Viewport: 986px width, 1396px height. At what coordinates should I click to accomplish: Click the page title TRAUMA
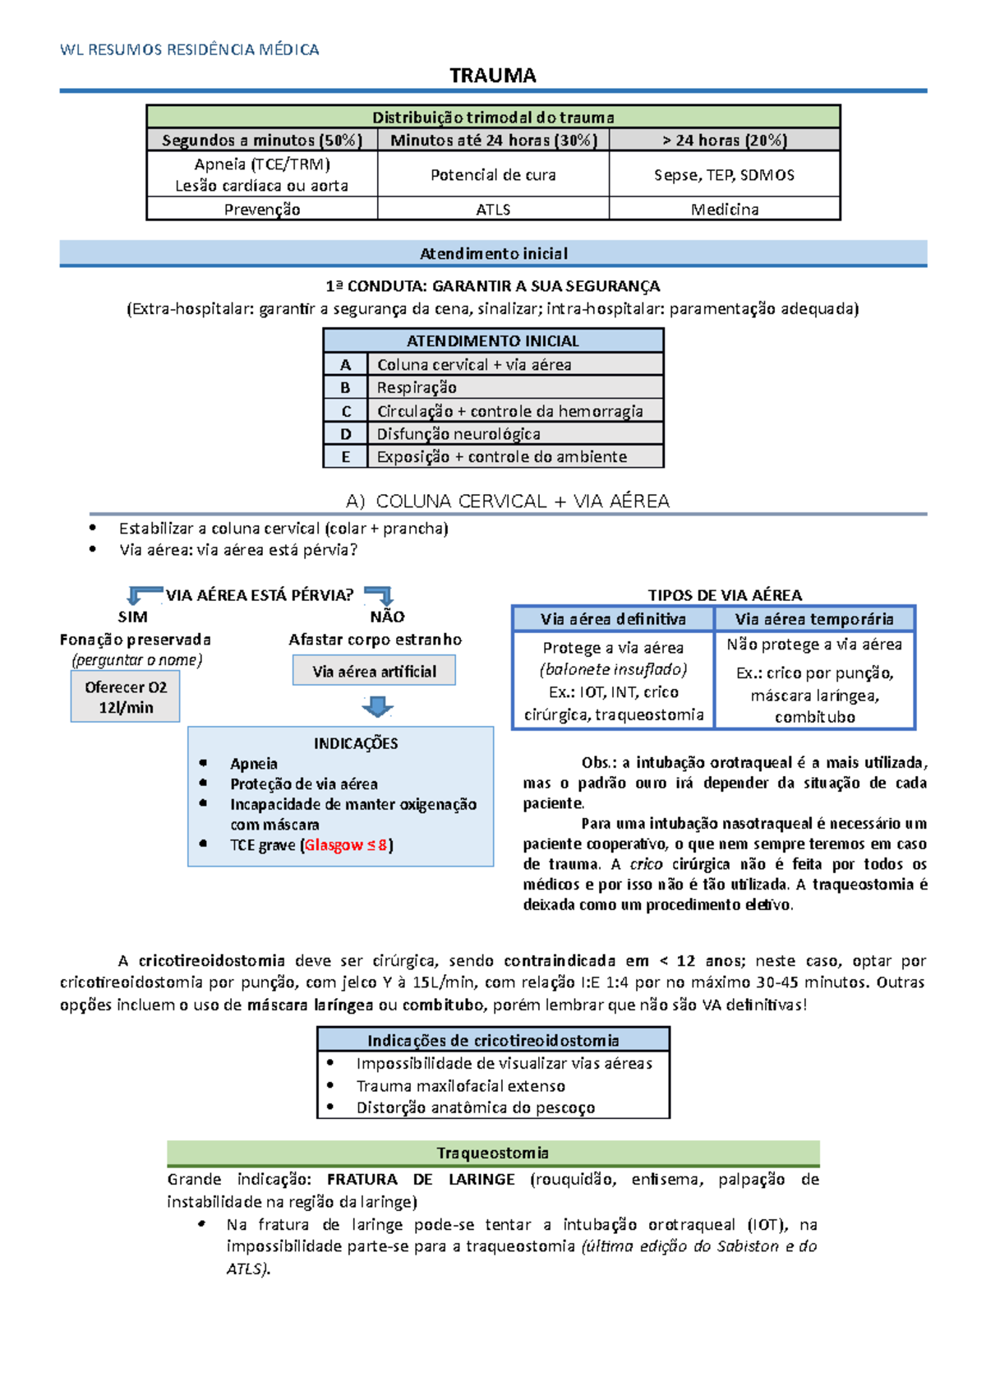point(493,76)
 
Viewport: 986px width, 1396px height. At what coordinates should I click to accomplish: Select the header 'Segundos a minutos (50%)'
point(262,141)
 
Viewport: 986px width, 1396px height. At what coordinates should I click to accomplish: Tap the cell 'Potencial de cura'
point(493,175)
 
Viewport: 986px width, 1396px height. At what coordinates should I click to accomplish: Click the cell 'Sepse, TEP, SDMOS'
point(724,175)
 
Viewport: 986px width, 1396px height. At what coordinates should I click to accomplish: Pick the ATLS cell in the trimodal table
point(493,210)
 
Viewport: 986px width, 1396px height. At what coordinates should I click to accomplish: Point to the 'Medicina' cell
point(724,210)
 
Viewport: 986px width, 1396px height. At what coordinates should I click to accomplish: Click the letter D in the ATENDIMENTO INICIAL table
point(346,434)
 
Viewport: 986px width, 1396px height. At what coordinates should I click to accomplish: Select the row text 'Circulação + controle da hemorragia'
point(509,411)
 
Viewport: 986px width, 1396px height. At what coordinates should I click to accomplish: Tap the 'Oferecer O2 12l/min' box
point(126,697)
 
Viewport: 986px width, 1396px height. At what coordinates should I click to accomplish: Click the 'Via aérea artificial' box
point(374,672)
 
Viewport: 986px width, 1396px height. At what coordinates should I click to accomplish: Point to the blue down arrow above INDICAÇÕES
point(377,706)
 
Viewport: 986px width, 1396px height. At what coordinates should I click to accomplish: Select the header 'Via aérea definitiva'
point(613,619)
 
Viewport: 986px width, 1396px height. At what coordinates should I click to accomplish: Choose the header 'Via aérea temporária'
point(814,619)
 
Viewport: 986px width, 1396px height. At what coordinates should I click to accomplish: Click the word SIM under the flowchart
point(133,617)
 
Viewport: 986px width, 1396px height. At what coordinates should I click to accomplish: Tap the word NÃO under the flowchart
point(387,617)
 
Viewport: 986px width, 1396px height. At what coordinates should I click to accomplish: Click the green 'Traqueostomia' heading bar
point(493,1153)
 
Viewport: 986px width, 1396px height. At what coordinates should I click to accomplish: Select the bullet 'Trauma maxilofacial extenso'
point(460,1086)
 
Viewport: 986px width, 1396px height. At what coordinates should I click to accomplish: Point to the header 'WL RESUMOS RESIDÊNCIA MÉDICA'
point(190,49)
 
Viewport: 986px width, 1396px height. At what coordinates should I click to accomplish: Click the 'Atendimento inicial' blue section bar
point(493,253)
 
